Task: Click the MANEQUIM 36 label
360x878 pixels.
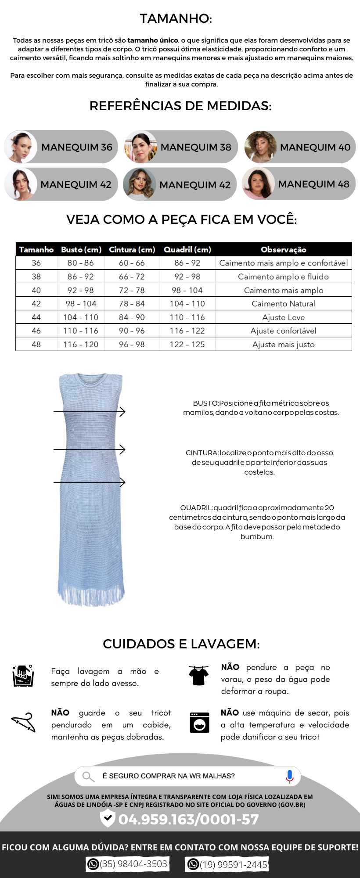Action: [77, 147]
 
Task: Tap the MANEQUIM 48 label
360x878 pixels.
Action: [313, 184]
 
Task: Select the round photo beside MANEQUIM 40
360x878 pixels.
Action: [260, 147]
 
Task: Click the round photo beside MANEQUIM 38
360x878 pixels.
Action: [141, 147]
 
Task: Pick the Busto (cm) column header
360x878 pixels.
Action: [81, 249]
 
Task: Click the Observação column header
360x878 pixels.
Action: [284, 249]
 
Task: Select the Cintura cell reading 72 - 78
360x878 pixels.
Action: [132, 290]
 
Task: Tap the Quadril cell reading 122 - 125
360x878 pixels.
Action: [187, 345]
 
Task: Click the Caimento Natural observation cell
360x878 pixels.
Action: [284, 304]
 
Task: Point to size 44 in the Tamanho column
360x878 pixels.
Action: [36, 317]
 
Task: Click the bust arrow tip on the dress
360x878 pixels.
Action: [124, 412]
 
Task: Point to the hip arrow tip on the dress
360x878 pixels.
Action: [124, 482]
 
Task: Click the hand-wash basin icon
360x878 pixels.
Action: [23, 676]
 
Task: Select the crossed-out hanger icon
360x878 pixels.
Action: [24, 722]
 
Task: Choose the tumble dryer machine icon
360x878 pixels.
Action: [199, 722]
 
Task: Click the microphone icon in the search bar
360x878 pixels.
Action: [289, 776]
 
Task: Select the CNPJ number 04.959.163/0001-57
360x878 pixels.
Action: [188, 819]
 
